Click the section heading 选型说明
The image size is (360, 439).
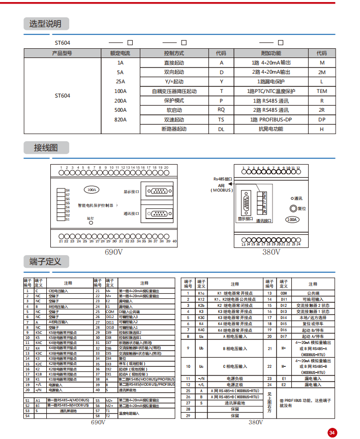(45, 24)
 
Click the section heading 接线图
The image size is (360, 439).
(45, 148)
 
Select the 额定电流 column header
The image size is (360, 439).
(120, 53)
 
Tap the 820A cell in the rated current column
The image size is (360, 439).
(120, 120)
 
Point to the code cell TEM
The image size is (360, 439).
(322, 91)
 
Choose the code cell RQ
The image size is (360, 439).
(221, 110)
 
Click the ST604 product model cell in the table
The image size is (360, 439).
(63, 96)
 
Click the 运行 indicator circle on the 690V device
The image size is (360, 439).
(91, 223)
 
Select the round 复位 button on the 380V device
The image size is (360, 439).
(292, 208)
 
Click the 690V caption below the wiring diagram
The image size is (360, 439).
(113, 252)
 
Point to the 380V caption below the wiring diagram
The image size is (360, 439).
(271, 252)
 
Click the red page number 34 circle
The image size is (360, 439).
(332, 432)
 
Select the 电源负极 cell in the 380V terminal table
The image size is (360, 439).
(234, 393)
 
